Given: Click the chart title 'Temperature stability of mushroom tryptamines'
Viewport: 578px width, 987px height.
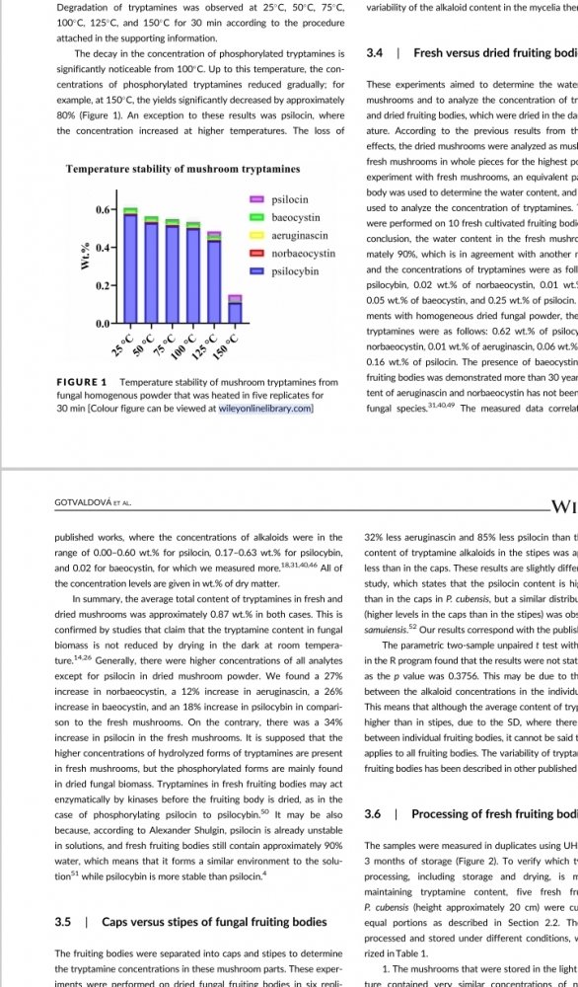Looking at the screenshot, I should click(182, 169).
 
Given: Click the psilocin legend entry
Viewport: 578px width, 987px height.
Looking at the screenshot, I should click(289, 199).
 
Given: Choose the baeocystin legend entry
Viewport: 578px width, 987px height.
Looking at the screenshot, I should click(295, 217).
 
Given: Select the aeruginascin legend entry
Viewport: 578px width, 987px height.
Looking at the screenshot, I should click(299, 236).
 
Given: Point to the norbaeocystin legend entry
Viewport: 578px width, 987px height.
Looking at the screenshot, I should click(303, 254).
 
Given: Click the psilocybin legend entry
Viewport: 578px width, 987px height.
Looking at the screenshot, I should click(295, 270).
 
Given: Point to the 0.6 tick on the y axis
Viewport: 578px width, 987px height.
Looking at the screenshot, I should click(104, 210).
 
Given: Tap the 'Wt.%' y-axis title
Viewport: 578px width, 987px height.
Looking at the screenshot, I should click(86, 257).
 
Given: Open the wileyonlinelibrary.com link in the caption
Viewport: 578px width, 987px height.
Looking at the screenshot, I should click(265, 408).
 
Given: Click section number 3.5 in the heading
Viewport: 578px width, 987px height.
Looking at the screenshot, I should click(62, 922).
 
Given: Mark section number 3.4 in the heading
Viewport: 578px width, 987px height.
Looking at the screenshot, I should click(375, 52).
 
